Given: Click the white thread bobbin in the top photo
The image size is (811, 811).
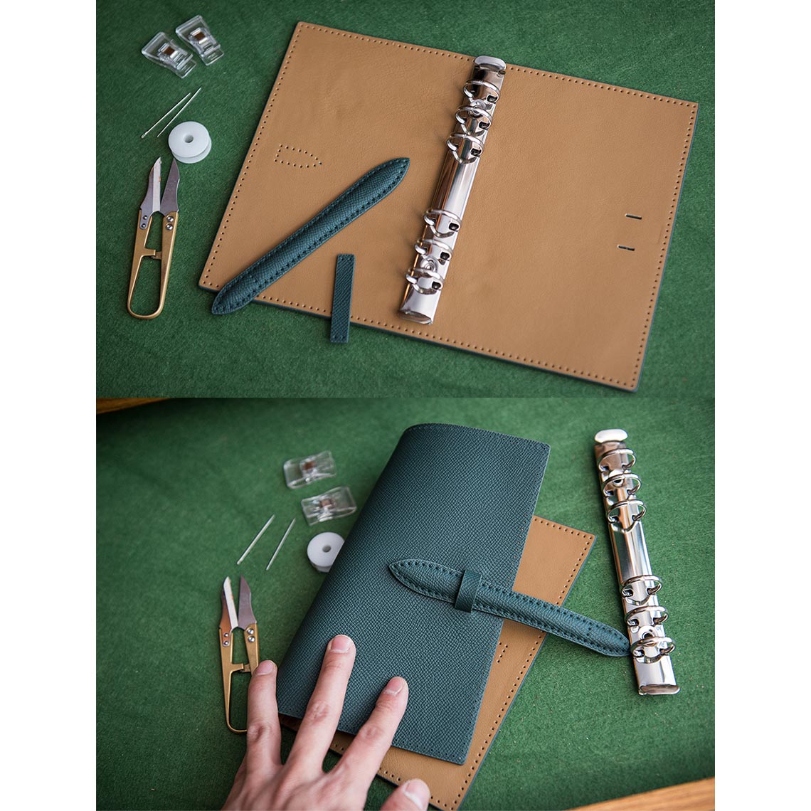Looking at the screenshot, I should (189, 142).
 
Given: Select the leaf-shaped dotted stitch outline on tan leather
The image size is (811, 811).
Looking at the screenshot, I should (297, 156).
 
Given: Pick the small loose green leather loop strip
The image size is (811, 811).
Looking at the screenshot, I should (341, 298).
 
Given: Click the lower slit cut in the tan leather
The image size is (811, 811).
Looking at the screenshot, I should (626, 248).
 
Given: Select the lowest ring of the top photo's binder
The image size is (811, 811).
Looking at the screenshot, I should (424, 280).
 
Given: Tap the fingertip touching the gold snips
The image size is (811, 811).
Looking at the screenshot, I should (264, 669).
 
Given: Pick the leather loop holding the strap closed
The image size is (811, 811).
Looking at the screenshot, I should (467, 590).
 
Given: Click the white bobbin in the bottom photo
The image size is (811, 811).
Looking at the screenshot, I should (325, 551).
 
